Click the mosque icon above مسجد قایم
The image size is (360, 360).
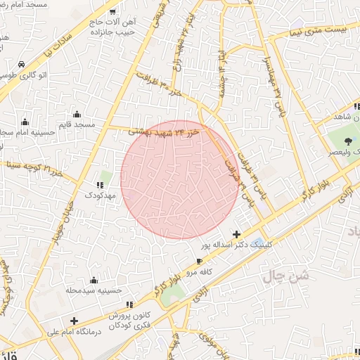[77, 115]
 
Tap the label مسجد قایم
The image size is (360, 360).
[77, 124]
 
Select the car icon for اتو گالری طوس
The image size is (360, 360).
[22, 64]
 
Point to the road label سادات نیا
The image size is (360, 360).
[58, 44]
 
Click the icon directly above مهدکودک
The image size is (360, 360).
[98, 186]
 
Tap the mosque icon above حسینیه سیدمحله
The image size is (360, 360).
[94, 280]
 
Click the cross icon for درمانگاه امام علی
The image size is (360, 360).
[74, 321]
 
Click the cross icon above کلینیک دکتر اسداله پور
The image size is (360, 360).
[236, 234]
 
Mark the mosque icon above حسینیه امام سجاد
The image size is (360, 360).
[25, 120]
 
